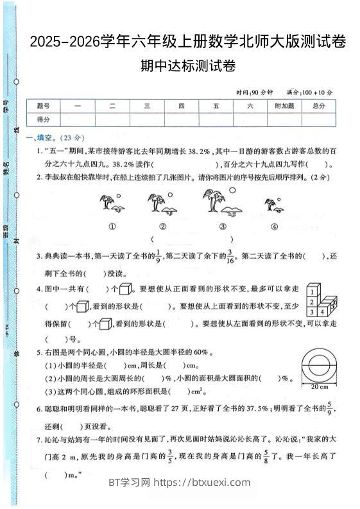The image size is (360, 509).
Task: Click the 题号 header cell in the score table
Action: pos(44,106)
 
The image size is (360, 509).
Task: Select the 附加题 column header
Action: pos(284,106)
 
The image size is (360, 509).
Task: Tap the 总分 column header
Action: pos(318,106)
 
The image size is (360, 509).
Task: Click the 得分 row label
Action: pos(44,119)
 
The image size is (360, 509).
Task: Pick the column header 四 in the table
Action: pos(182,106)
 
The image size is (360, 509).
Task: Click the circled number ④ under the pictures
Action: pos(274,226)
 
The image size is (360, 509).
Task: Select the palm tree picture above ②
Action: pos(160,202)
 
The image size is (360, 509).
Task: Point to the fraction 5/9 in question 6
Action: pos(329,408)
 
